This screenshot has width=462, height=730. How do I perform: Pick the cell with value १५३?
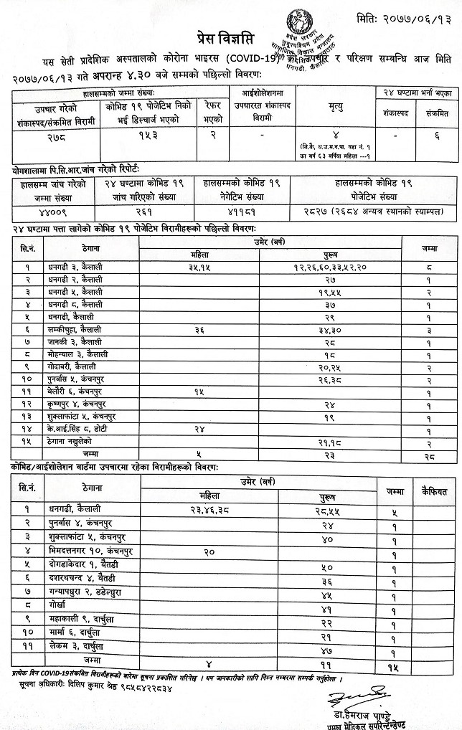point(146,135)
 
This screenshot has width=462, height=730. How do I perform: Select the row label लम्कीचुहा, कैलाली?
point(75,331)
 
